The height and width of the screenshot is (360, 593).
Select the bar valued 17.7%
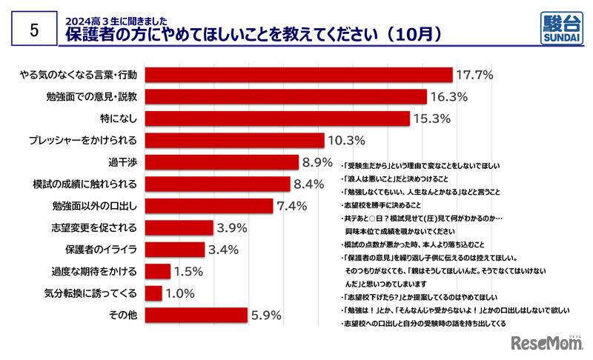tap(299, 74)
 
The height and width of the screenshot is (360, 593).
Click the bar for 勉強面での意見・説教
tap(286, 96)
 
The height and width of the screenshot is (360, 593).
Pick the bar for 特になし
tap(278, 119)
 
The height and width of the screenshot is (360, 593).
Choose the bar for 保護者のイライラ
tap(175, 250)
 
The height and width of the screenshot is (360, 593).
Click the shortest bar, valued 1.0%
tap(153, 293)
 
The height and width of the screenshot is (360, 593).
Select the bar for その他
tap(196, 316)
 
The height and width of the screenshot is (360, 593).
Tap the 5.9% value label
tap(268, 316)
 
